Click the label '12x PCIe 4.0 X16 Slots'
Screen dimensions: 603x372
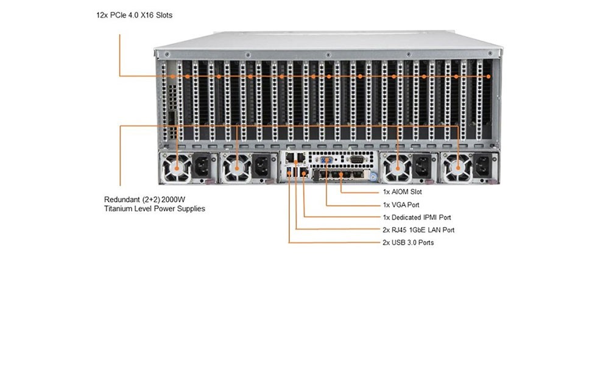click(134, 15)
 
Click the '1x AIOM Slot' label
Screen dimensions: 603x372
click(402, 192)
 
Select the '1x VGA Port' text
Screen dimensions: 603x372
click(401, 205)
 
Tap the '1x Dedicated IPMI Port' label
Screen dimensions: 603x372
click(417, 217)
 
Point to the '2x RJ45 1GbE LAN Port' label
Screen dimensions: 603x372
click(418, 230)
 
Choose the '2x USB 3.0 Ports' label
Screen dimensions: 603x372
click(408, 242)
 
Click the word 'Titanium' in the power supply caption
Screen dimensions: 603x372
click(118, 209)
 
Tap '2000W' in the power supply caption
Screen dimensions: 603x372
click(173, 200)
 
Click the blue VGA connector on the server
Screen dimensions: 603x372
click(326, 160)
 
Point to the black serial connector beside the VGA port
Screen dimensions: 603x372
click(357, 160)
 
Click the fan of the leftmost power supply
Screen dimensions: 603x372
click(177, 168)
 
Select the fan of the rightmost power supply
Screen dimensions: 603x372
click(457, 168)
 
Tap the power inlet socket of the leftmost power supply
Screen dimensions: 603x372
click(202, 166)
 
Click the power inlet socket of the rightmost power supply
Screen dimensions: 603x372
click(482, 166)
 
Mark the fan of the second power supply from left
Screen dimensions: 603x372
click(237, 168)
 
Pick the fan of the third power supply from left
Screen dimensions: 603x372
click(397, 168)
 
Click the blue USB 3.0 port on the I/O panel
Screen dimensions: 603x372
click(289, 172)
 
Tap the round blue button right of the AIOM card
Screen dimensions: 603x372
click(373, 177)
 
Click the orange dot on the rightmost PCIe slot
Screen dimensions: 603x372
click(488, 77)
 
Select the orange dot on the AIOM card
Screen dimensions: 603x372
click(340, 175)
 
